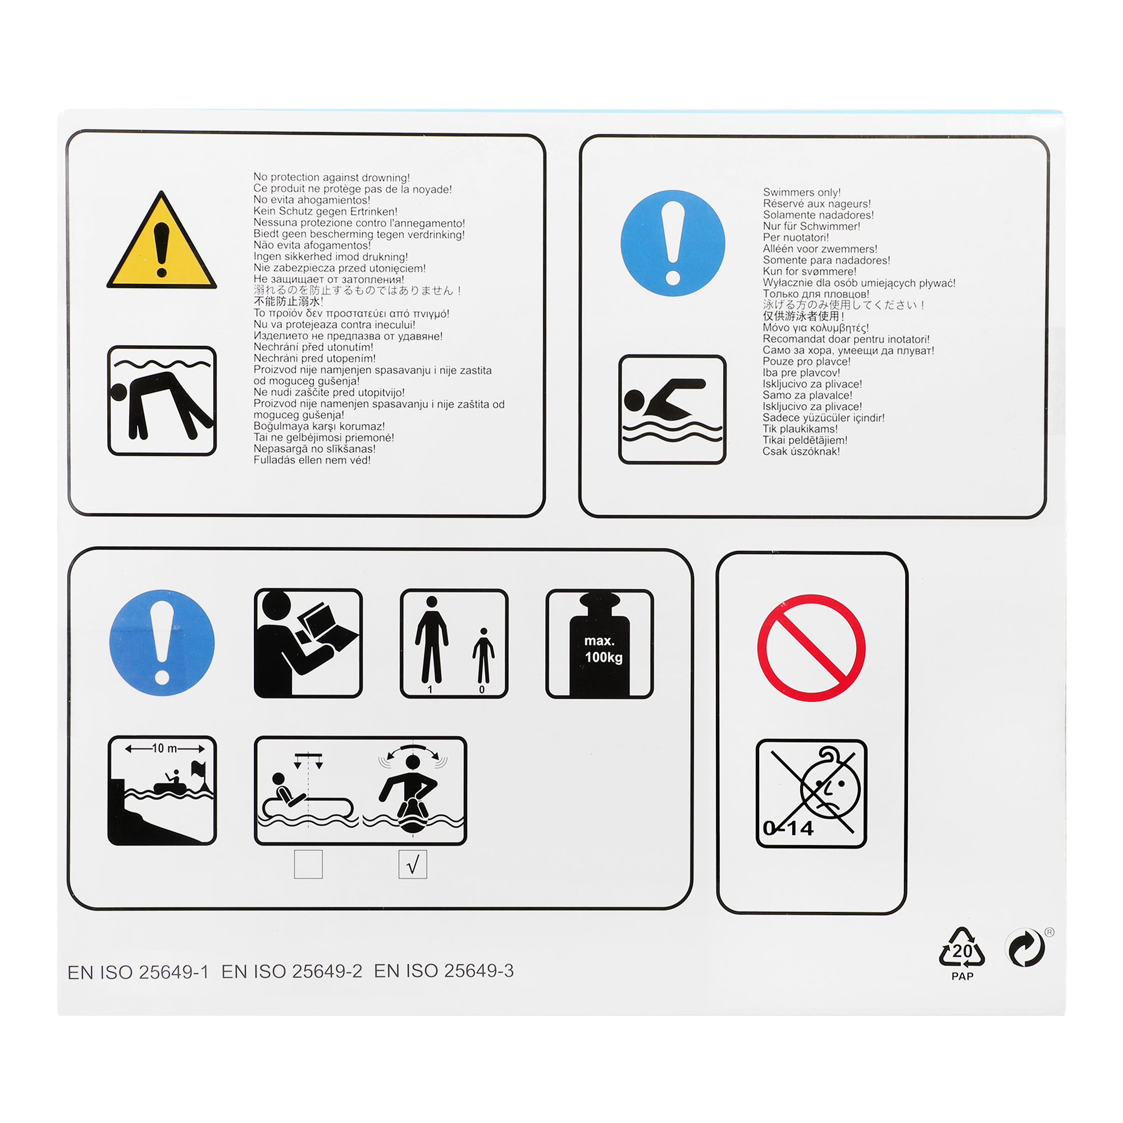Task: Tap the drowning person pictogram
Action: (162, 400)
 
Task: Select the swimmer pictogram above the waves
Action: (673, 409)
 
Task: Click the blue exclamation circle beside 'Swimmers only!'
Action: (673, 243)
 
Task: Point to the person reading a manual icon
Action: (308, 643)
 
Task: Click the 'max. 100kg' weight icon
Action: (600, 643)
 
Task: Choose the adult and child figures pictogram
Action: (454, 643)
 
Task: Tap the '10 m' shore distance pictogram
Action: (162, 791)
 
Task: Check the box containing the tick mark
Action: (413, 864)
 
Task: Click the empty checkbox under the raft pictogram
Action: (309, 864)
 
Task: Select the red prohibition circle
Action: (811, 647)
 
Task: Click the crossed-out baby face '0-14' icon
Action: (811, 794)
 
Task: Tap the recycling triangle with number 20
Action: (962, 947)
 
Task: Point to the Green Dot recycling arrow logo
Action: (1026, 947)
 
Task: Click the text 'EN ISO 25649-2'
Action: (292, 971)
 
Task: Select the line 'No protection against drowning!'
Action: (332, 177)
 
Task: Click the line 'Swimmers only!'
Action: (802, 193)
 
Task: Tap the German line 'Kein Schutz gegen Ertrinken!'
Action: (326, 211)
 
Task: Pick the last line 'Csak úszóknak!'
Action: (802, 451)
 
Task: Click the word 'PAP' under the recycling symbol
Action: (962, 976)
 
